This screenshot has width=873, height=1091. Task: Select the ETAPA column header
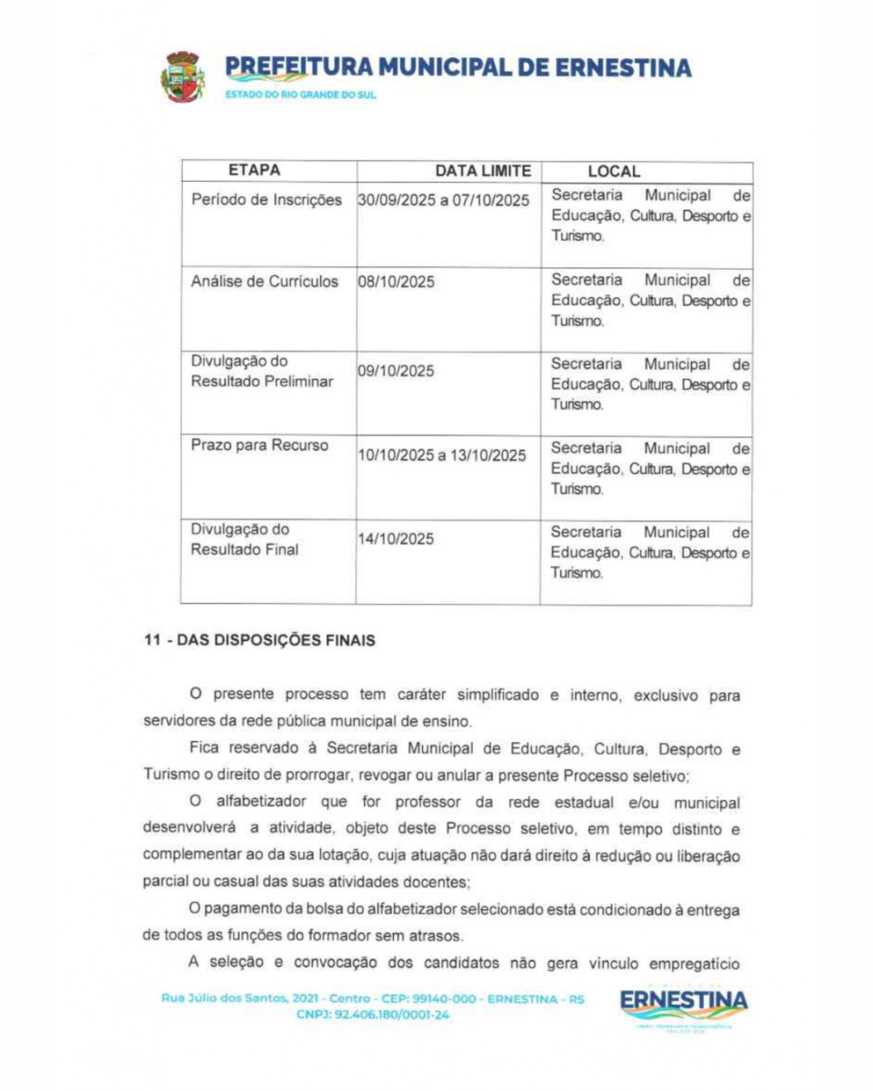click(x=254, y=170)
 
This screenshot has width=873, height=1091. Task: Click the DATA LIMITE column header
click(x=483, y=171)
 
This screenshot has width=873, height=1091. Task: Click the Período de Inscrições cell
click(x=266, y=198)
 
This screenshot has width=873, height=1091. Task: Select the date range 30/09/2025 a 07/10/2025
click(x=444, y=200)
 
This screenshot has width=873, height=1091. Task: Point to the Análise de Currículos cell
click(x=265, y=281)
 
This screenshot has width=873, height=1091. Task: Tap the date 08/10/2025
click(x=396, y=282)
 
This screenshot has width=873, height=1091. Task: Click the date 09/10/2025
click(x=396, y=371)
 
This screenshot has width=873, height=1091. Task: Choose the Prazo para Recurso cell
click(x=259, y=445)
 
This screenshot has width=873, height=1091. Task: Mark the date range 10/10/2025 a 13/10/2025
click(x=444, y=455)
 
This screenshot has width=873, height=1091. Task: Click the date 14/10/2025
click(x=396, y=538)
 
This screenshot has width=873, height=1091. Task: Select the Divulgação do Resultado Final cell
click(x=244, y=539)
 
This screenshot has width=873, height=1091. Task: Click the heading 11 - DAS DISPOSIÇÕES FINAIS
click(x=258, y=640)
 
